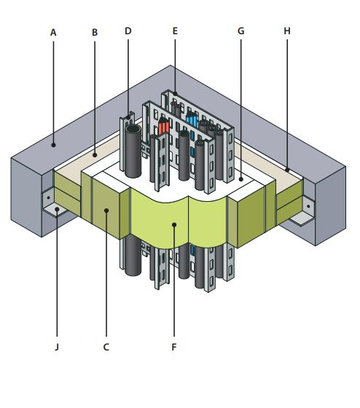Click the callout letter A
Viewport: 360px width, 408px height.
coord(53,33)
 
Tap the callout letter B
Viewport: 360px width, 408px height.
coord(95,33)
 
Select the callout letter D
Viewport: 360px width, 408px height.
coord(128,31)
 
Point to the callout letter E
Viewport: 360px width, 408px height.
coord(175,31)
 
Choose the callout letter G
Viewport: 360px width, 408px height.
coord(240,31)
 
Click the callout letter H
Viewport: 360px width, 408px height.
coord(287,31)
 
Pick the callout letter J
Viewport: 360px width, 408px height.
coord(57,347)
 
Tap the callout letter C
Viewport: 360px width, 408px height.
coord(106,347)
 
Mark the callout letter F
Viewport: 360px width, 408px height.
coord(174,347)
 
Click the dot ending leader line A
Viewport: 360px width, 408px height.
coord(54,145)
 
